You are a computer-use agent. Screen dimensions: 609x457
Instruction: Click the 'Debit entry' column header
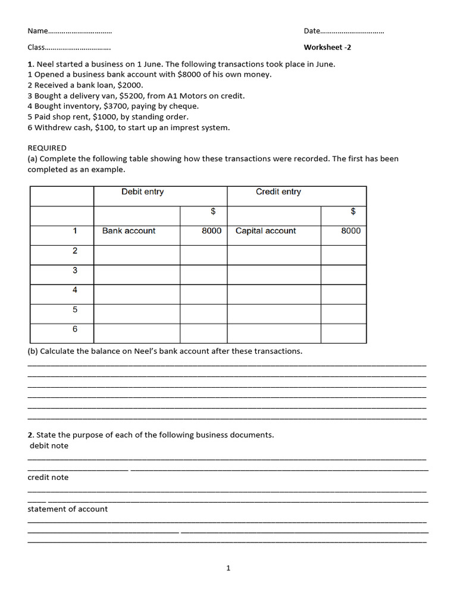(142, 192)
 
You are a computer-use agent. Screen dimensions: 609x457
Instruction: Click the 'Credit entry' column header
(278, 192)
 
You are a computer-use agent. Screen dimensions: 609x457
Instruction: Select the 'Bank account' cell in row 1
(129, 231)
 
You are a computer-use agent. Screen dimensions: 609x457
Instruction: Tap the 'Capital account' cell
(265, 231)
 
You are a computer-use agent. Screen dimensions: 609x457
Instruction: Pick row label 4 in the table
(75, 290)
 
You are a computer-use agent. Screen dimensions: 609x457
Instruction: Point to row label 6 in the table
(75, 329)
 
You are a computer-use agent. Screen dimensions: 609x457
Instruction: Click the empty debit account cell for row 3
(137, 274)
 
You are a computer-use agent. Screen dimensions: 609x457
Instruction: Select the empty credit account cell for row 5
(274, 313)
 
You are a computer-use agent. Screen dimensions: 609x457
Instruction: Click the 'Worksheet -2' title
(331, 47)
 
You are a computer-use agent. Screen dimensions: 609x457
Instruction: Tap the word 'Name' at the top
(37, 31)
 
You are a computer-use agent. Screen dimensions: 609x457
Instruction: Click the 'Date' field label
(312, 31)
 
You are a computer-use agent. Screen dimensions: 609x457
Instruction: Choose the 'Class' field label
(36, 47)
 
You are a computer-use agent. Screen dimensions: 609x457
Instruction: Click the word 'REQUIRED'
(47, 147)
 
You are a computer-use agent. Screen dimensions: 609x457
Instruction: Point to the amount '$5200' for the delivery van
(133, 96)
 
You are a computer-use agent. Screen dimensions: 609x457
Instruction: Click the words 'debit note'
(49, 446)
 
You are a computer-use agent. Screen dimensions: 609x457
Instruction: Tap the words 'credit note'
(48, 478)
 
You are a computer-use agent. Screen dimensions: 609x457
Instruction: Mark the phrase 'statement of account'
(68, 509)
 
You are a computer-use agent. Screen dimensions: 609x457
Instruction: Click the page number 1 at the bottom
(228, 569)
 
